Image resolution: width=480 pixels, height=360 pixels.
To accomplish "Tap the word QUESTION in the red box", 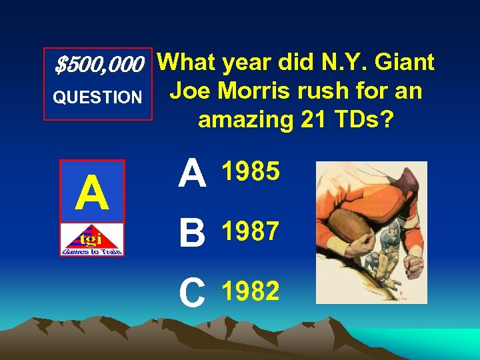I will [97, 98].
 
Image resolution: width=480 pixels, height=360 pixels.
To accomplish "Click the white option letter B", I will [193, 234].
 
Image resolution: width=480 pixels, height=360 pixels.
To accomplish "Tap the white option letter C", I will [193, 293].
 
